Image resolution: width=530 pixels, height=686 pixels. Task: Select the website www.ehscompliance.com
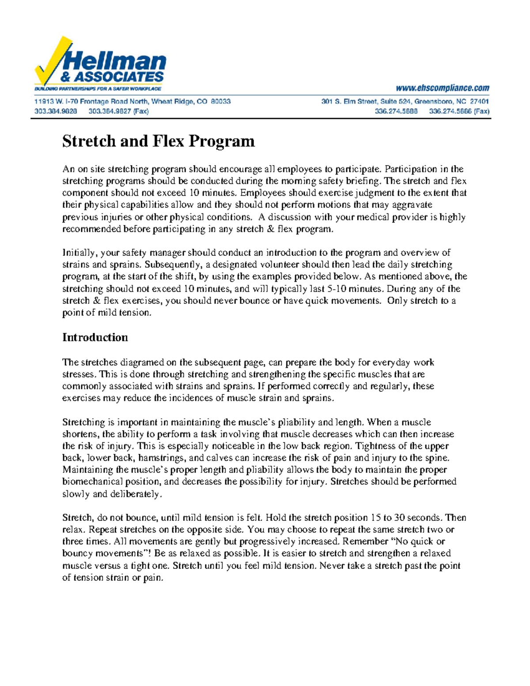[x=443, y=88]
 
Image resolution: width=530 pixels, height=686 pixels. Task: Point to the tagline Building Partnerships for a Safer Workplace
[x=98, y=89]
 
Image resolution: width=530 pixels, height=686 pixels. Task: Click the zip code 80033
[x=220, y=101]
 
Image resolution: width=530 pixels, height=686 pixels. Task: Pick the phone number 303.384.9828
[x=56, y=111]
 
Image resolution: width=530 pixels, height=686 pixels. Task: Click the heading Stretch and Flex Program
[x=159, y=141]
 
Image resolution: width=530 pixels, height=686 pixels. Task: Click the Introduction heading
[x=95, y=337]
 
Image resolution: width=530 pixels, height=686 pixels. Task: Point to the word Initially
[x=79, y=253]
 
